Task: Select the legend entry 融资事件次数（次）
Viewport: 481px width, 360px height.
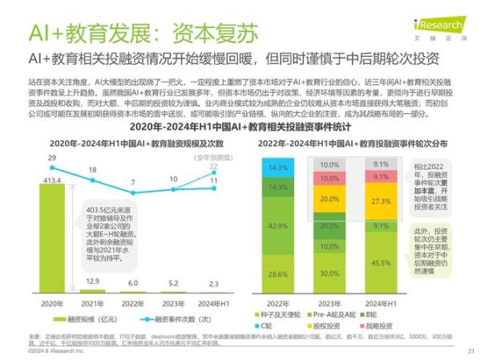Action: [x=169, y=318]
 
